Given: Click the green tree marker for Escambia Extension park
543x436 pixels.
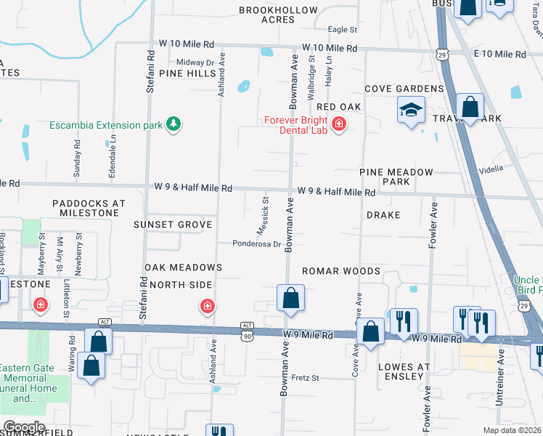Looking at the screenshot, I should (173, 124).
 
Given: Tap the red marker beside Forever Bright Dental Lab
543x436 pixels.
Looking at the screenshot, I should (338, 125).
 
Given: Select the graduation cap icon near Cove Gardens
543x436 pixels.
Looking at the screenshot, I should (411, 111).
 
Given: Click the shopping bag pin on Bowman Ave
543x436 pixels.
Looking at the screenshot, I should (290, 298).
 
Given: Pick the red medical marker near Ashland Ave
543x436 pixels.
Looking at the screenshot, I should (208, 306).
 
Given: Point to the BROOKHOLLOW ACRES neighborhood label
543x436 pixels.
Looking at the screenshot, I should (279, 15).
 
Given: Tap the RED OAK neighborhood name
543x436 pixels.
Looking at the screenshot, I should (335, 107).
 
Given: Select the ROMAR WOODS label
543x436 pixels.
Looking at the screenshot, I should (341, 271).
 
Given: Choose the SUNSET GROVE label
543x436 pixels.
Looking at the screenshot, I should (173, 225).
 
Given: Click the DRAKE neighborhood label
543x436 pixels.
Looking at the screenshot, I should (383, 216).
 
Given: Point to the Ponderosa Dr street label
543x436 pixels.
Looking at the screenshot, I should (256, 244).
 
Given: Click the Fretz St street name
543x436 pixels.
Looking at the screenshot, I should (306, 378).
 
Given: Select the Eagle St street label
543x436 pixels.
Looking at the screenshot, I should (343, 30).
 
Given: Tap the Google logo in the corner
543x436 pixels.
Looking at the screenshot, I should (24, 427).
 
